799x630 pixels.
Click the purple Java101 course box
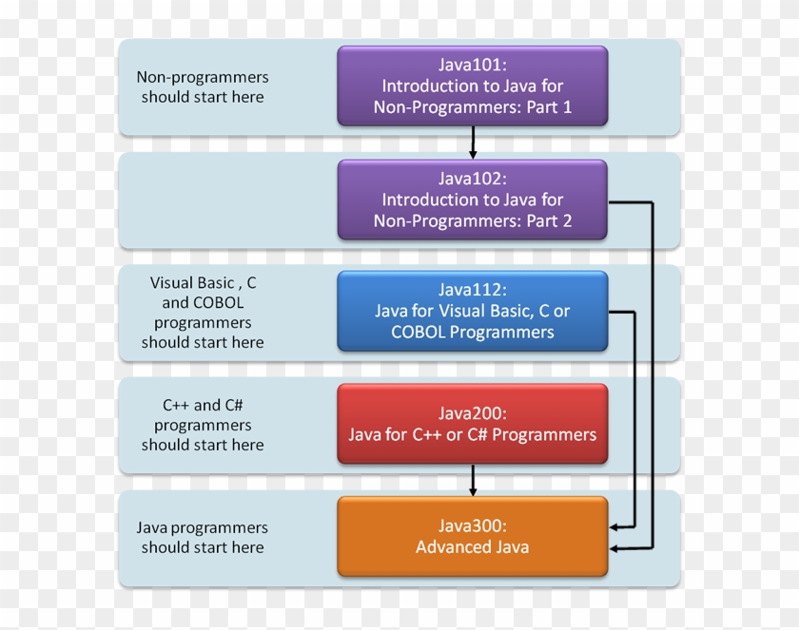472,86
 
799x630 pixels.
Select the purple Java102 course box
472,199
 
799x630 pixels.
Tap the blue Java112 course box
472,311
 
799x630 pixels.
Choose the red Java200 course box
472,423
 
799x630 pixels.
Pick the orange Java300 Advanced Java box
472,536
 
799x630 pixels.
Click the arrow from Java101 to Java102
473,143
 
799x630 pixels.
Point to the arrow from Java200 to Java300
473,480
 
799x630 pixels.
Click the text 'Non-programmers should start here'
203,86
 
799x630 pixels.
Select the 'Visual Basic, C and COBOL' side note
203,312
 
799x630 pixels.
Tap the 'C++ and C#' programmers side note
203,424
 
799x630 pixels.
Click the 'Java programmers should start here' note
203,537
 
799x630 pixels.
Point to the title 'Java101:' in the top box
472,65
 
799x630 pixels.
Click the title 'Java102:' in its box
472,178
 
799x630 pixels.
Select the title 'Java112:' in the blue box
472,290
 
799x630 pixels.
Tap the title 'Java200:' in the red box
472,413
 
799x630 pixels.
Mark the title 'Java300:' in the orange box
472,525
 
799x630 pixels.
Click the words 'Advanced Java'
472,546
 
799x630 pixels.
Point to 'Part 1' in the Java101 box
547,107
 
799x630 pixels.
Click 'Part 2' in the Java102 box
547,220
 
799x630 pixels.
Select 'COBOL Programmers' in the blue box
472,332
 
